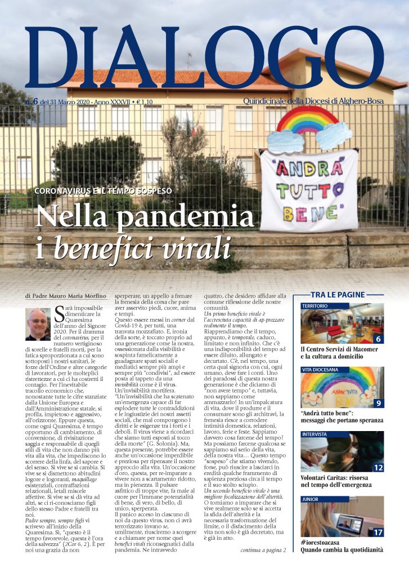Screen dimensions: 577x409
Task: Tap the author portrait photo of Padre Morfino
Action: point(38,324)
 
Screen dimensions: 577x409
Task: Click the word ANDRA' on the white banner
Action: point(308,170)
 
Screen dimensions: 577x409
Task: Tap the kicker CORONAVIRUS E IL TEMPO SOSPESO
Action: point(104,190)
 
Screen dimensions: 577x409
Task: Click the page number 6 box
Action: point(378,339)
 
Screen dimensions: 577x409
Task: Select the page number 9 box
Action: point(378,403)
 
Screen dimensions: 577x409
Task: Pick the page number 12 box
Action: point(378,467)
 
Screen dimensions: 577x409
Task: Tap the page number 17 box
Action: point(378,531)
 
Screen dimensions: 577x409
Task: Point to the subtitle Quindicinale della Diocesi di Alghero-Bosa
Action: point(316,101)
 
